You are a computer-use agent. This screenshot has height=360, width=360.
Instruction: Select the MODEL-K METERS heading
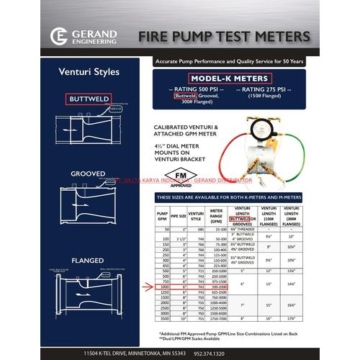pyautogui.click(x=230, y=78)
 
